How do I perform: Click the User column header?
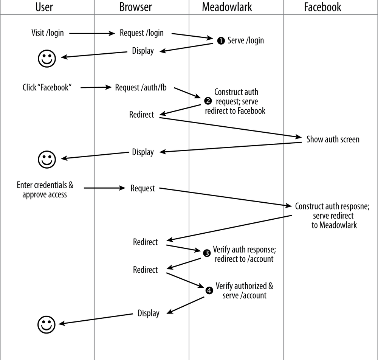point(44,7)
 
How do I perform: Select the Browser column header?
point(135,7)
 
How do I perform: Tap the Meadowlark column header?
point(227,7)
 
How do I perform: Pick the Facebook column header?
point(322,7)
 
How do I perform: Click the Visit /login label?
point(47,33)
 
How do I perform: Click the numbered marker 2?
point(208,101)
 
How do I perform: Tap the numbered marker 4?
point(209,290)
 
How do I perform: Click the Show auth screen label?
point(333,139)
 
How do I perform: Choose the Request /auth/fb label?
point(141,88)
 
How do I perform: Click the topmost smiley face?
point(47,58)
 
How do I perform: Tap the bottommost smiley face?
point(47,324)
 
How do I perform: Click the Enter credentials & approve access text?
point(45,190)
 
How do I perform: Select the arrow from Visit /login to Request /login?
point(92,34)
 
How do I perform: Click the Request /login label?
point(142,33)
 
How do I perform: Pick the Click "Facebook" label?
point(47,88)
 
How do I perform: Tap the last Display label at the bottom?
point(148,313)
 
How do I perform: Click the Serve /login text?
point(245,40)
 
